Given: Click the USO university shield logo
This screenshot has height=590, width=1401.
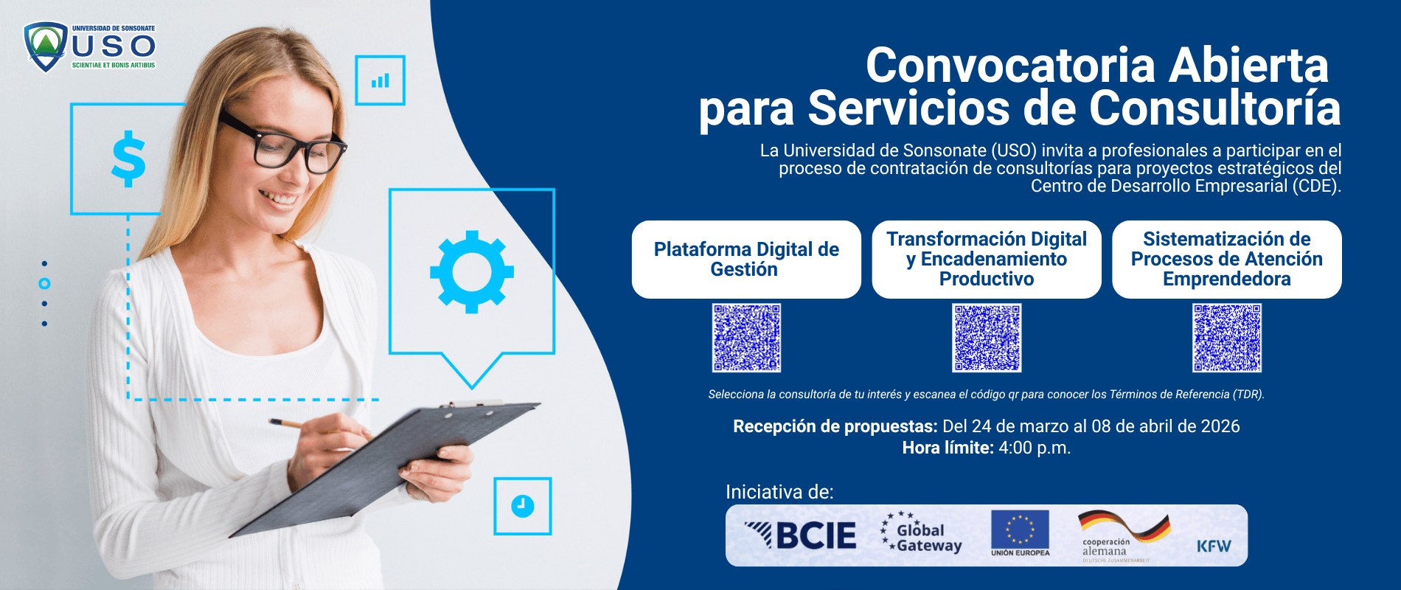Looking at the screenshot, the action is (46, 47).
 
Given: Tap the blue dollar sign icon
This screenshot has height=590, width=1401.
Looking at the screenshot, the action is (128, 159).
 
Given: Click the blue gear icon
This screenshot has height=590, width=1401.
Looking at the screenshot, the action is (472, 271).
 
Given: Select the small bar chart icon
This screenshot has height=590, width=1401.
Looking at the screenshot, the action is (380, 80).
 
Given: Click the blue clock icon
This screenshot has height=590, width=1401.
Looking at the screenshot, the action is (523, 506).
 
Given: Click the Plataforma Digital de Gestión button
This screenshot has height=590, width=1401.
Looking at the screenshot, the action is (746, 260).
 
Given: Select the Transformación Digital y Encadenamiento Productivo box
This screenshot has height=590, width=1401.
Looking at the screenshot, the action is (987, 260).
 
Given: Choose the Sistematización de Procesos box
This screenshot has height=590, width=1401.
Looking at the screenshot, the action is (1227, 260).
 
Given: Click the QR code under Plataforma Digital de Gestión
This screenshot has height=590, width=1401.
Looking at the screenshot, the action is (746, 338).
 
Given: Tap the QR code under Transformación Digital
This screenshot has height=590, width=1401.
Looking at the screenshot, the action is (987, 338).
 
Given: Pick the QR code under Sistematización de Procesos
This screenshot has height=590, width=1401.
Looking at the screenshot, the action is (1227, 338).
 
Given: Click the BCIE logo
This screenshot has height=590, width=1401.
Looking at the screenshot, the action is (801, 535).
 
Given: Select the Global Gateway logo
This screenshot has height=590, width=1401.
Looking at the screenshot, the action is (922, 534).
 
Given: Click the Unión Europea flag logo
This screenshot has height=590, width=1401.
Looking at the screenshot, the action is (1020, 532).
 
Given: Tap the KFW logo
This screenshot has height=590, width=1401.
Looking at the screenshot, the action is (1214, 546).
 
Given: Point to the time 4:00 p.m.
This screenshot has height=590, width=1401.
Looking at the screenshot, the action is (1035, 448).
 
